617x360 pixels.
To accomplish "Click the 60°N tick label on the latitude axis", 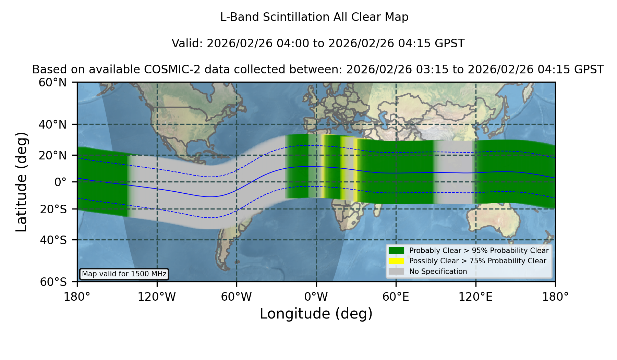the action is point(52,83).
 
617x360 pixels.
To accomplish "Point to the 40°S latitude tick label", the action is point(53,240).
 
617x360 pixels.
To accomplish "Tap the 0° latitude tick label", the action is point(60,182).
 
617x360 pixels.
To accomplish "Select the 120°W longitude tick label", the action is point(157,297).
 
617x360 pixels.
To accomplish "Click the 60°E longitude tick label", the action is point(396,297).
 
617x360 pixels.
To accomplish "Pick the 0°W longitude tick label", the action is point(316,297).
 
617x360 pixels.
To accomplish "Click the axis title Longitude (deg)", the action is point(316,314).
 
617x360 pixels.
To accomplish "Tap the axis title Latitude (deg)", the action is point(22,182).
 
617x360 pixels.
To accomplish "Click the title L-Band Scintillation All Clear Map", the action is point(314,17).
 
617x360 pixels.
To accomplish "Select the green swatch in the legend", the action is point(396,251).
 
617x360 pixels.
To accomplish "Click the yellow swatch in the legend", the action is point(396,261).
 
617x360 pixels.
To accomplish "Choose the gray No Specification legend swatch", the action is point(396,272).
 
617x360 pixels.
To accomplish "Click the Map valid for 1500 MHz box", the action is point(124,274).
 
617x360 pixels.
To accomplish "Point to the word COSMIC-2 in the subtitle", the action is point(166,70).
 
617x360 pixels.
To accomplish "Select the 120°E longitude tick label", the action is point(475,297).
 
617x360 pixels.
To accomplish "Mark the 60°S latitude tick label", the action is point(53,282).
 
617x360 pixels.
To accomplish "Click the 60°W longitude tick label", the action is point(237,297).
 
